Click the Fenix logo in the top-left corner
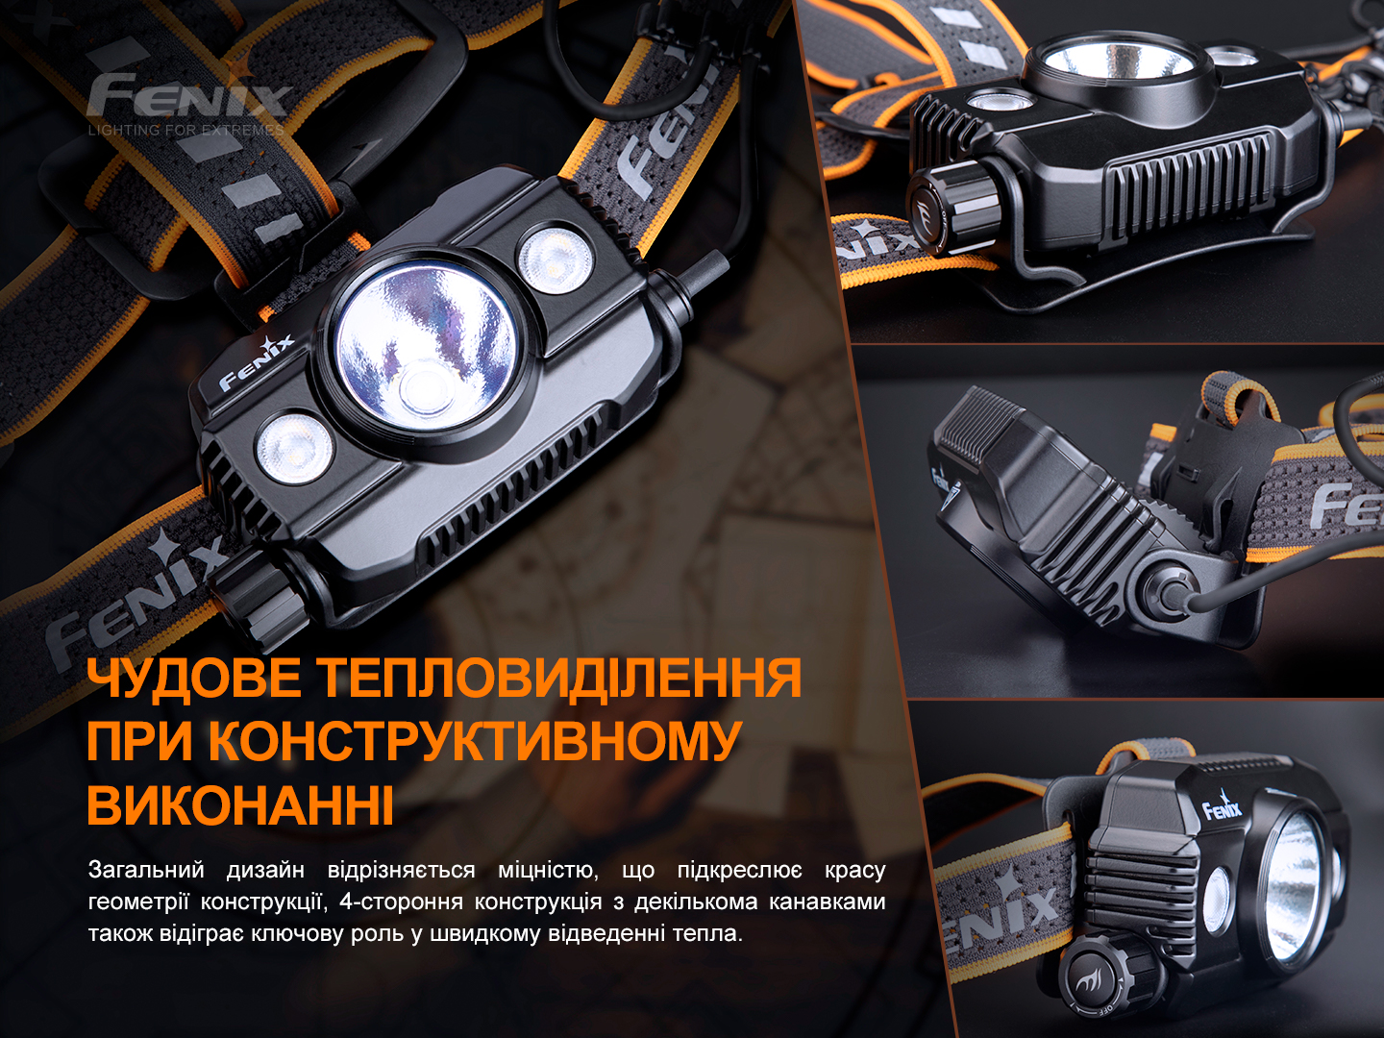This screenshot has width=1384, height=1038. tap(187, 93)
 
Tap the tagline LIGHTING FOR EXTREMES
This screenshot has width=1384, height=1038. tap(186, 131)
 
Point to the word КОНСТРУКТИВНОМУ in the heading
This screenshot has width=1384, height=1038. tap(472, 741)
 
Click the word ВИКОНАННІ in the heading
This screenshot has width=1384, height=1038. tap(239, 804)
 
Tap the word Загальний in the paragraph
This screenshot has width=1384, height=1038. tap(146, 871)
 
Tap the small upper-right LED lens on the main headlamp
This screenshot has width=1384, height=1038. tap(555, 258)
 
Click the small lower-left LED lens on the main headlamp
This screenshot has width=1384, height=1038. tap(294, 448)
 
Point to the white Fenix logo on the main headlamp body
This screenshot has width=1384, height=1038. tap(257, 361)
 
